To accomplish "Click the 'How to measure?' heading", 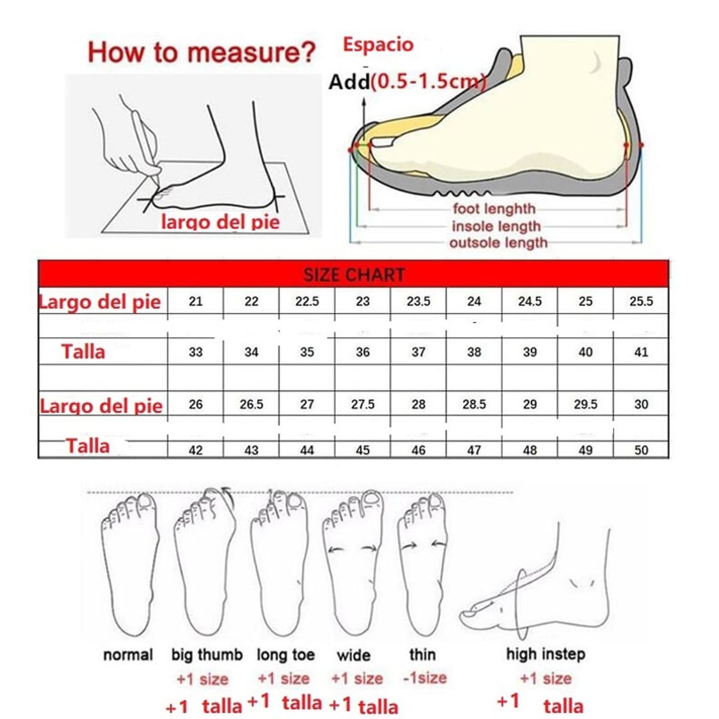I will [201, 52].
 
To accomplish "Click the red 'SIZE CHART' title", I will [354, 275].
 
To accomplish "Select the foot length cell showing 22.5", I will [307, 301].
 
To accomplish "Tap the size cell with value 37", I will [418, 352].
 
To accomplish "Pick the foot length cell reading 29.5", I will [585, 404].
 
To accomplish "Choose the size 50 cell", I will [641, 450].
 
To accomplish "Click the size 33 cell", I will [195, 352].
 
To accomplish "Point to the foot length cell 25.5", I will [641, 301].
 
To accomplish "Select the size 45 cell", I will [362, 450].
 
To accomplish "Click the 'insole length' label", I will [496, 226].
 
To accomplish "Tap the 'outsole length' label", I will [499, 243].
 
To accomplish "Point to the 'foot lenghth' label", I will [494, 209].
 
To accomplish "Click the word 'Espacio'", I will [378, 45].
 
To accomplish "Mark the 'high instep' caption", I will [545, 654].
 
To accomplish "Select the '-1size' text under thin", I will [425, 678].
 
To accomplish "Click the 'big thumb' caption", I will [207, 655].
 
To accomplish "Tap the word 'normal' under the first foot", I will [128, 655].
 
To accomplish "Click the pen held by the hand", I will [146, 144].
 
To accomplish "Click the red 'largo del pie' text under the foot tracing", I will [220, 222].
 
